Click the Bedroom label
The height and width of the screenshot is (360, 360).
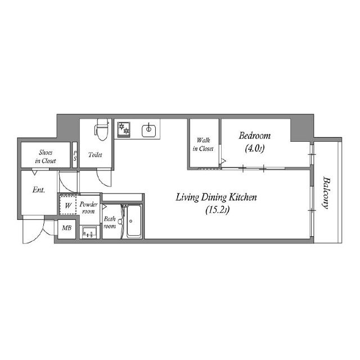255,136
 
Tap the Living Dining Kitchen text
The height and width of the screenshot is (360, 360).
216,197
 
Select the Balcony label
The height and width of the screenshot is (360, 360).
326,192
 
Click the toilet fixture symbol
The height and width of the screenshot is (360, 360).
101,129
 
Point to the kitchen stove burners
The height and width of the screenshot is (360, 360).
124,129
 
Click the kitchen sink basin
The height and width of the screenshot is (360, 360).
148,130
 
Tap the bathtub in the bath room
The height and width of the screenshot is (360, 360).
134,221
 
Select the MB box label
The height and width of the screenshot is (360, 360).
66,228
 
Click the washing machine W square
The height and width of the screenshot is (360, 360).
68,205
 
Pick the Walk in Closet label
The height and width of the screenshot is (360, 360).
203,145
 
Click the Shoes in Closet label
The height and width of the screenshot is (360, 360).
46,156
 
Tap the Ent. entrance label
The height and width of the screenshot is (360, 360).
39,190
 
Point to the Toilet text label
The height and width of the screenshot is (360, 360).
95,155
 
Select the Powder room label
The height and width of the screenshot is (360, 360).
88,208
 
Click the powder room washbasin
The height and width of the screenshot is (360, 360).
90,232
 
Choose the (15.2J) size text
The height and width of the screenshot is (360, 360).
218,210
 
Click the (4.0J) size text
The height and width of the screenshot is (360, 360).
255,148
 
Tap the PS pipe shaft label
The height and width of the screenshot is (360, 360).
75,156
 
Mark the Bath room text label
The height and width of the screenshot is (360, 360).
110,223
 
